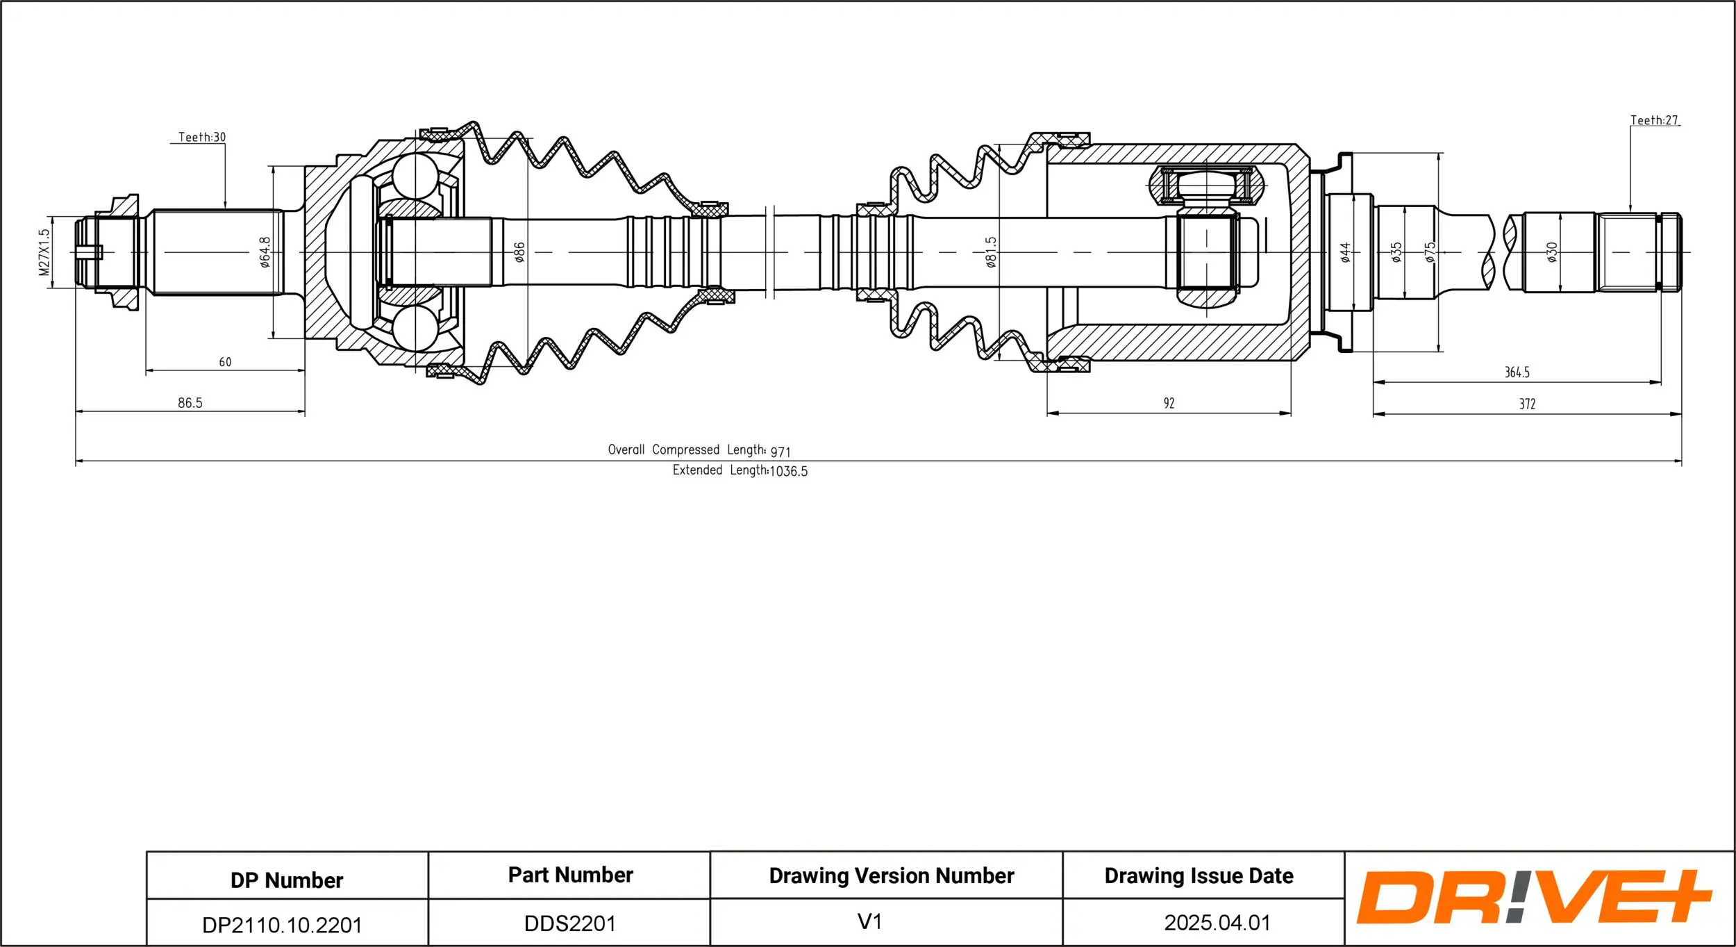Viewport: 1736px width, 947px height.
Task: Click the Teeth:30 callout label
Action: [x=202, y=137]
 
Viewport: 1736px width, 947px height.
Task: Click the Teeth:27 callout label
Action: [x=1654, y=120]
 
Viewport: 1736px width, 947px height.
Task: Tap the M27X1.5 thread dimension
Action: [x=44, y=252]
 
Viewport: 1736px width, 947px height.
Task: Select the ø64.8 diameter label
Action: [x=265, y=252]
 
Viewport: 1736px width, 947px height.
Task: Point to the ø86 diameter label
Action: [x=519, y=252]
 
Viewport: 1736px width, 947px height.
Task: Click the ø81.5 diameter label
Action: [x=991, y=252]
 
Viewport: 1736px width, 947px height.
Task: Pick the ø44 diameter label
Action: [x=1345, y=252]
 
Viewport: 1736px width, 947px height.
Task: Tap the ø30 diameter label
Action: [x=1552, y=252]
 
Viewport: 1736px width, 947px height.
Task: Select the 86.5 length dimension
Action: [x=190, y=403]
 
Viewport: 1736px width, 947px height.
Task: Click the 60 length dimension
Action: [x=225, y=362]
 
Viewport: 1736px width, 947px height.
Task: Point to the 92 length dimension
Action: [x=1169, y=403]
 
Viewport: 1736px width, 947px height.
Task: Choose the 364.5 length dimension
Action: [x=1517, y=372]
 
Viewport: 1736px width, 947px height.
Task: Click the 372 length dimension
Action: [x=1528, y=404]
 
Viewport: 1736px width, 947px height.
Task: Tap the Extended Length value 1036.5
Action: [x=789, y=471]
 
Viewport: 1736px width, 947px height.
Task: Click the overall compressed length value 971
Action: [x=781, y=452]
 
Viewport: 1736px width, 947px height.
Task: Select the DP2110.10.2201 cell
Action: [x=282, y=925]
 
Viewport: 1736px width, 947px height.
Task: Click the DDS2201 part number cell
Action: [x=570, y=923]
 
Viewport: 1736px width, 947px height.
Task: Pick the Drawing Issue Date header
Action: [x=1199, y=875]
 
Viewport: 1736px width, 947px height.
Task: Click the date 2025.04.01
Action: [x=1217, y=923]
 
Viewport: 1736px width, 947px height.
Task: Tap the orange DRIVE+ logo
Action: [x=1533, y=897]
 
